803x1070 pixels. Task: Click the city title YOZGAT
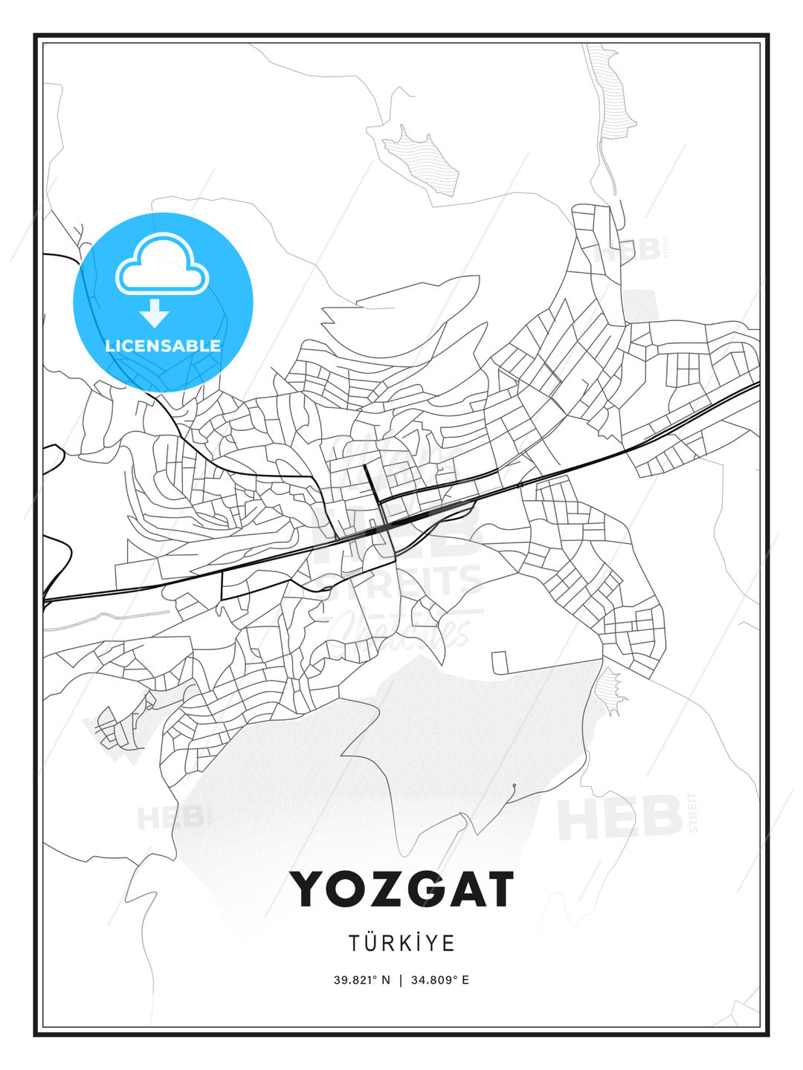(401, 889)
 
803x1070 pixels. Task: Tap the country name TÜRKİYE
(401, 943)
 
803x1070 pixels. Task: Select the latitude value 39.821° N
(361, 980)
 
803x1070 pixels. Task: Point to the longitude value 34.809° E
(438, 980)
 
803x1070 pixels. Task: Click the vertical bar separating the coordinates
(401, 980)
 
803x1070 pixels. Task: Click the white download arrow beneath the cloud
(155, 314)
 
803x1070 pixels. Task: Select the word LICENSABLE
(163, 346)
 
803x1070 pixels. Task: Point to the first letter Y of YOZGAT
(309, 889)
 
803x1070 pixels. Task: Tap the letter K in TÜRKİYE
(405, 943)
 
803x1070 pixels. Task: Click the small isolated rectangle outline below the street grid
(499, 662)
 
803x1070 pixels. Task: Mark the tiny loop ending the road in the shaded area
(513, 785)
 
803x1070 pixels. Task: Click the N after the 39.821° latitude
(386, 980)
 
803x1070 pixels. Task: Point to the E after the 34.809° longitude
(465, 980)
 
